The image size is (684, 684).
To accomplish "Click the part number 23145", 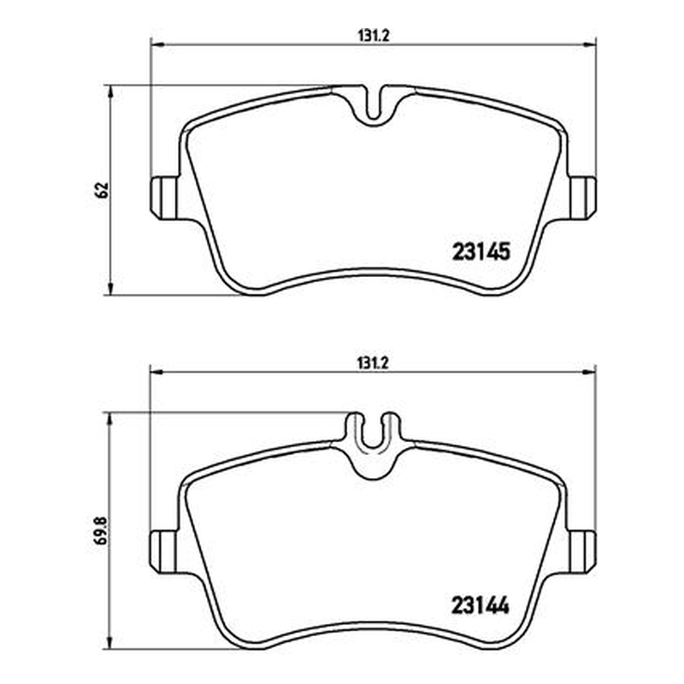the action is tap(481, 251).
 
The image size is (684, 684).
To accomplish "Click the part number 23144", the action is tap(481, 605).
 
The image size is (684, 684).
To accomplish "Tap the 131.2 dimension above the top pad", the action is tap(373, 36).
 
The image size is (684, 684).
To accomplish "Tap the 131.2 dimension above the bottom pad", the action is tap(373, 363).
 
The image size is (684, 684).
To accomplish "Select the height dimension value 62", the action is tap(102, 190).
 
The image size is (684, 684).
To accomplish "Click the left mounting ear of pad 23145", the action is tap(164, 198).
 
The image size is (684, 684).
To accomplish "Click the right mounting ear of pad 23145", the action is tap(583, 198).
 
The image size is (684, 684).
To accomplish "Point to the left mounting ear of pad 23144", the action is tap(164, 551).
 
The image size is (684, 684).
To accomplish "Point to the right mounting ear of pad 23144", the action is tap(583, 551).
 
